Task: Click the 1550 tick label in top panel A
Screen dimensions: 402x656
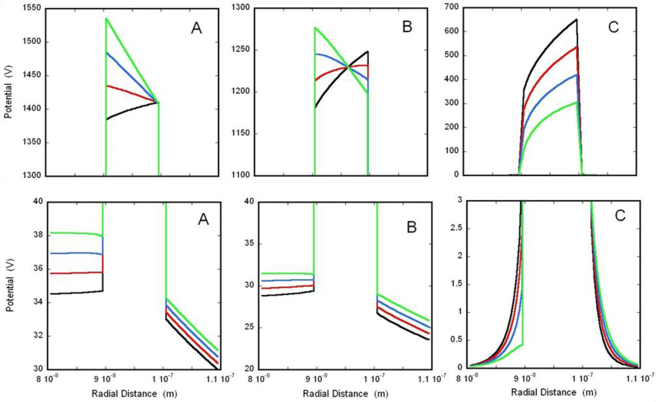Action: coord(32,8)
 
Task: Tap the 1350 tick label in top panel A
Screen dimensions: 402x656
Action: coord(32,142)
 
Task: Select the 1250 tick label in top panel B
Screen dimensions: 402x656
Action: coord(241,50)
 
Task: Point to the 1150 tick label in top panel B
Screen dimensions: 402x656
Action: coord(241,133)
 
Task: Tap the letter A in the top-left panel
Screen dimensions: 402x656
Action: coord(196,28)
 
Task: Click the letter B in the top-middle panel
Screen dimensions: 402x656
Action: coord(407,27)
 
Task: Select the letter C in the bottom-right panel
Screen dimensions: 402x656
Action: coord(620,216)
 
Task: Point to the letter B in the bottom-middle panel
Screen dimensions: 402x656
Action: coord(411,227)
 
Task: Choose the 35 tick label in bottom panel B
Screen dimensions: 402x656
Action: coord(249,243)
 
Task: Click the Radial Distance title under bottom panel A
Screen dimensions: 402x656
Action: coord(134,393)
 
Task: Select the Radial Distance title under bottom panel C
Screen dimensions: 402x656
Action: coord(553,392)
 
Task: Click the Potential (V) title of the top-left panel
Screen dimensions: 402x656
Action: coord(8,92)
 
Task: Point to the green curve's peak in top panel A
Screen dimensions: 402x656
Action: coord(106,18)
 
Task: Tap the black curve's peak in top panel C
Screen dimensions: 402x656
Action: coord(576,19)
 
